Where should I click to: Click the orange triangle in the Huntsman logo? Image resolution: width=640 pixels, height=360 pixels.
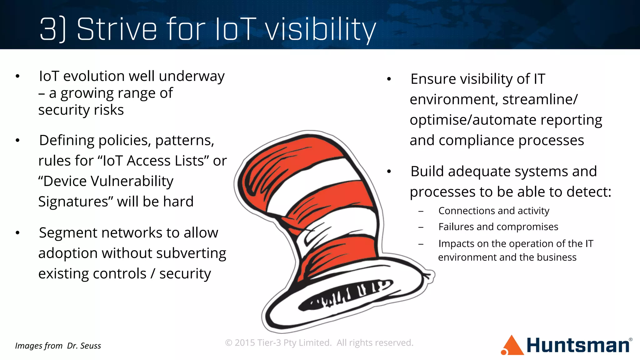pos(512,346)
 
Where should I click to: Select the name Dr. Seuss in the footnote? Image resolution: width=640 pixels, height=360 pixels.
pos(84,346)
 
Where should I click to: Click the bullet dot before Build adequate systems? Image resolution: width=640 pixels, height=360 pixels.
pos(389,172)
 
